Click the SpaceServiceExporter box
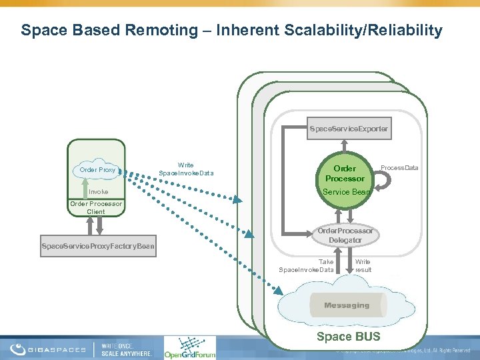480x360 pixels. [x=348, y=127]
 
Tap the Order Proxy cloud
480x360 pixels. [x=97, y=169]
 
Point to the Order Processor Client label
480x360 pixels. [x=96, y=207]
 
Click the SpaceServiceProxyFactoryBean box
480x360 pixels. [x=98, y=247]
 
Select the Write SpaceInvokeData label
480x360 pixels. [x=186, y=169]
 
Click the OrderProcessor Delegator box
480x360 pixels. [x=345, y=235]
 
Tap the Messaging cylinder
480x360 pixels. [x=347, y=305]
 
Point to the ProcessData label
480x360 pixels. [x=399, y=167]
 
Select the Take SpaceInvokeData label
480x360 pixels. [x=307, y=265]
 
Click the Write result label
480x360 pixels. [x=363, y=265]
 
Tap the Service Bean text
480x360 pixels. [x=345, y=192]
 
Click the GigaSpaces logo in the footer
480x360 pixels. [x=47, y=349]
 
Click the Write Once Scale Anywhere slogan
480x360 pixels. [x=127, y=349]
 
